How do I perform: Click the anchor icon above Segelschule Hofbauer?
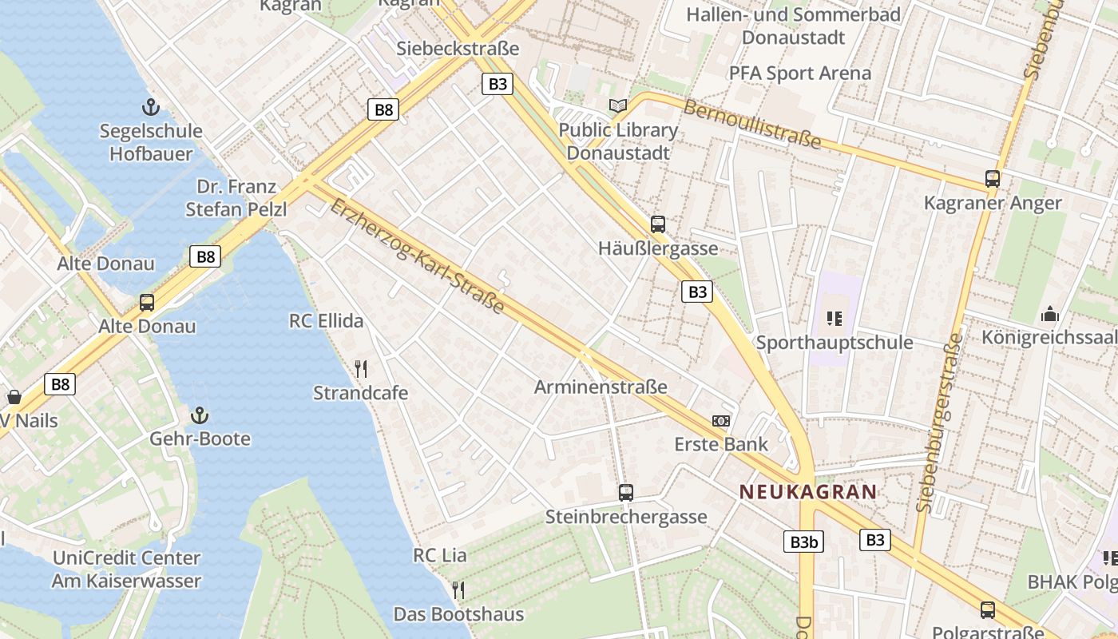coord(149,107)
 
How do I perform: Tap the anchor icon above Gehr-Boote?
coord(200,415)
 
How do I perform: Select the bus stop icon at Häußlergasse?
coord(657,224)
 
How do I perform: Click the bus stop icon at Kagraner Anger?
coord(993,179)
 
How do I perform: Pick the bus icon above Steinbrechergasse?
coord(626,493)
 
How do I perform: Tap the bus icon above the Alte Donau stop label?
coord(147,303)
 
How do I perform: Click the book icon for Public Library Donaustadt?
coord(617,105)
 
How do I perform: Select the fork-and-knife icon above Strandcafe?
coord(361,368)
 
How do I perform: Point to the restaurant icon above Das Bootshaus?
coord(458,590)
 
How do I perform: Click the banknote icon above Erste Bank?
coord(721,420)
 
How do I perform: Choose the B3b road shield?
coord(803,542)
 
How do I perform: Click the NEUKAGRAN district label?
coord(808,492)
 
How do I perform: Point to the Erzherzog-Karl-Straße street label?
coord(418,256)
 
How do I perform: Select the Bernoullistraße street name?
coord(751,124)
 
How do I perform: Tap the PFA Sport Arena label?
coord(799,73)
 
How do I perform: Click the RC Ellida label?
coord(326,321)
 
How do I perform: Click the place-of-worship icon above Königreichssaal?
coord(1050,314)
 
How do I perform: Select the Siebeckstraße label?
coord(458,49)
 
